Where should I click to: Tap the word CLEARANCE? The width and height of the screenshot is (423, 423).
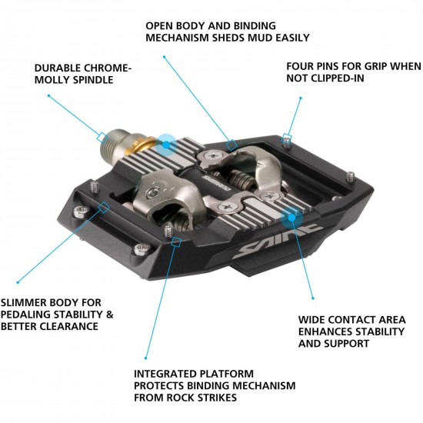point(82,326)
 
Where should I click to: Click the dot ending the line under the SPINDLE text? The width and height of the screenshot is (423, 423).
point(48,96)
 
